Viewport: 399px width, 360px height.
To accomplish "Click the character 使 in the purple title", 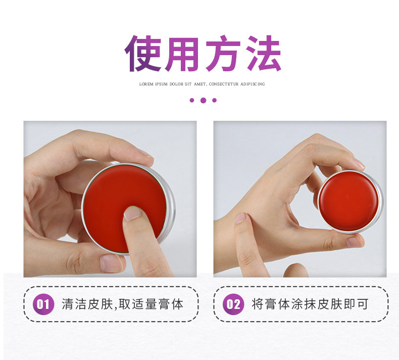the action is pos(143,53).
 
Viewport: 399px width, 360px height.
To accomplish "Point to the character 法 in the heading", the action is pos(264,53).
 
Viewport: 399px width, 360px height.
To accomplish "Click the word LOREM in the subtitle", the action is pos(146,84).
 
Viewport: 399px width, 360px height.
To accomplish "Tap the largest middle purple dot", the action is pos(203,100).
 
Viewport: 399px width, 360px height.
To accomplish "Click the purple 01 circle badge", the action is pos(43,304).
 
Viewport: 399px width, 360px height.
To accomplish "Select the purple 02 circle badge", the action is pos(233,304).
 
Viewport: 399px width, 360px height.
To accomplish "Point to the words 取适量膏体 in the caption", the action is pos(151,304).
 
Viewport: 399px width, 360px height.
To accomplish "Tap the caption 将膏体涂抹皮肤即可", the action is pos(310,304).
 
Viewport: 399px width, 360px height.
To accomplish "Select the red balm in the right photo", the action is pos(349,201).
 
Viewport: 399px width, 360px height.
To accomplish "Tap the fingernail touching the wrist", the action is pos(240,218).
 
